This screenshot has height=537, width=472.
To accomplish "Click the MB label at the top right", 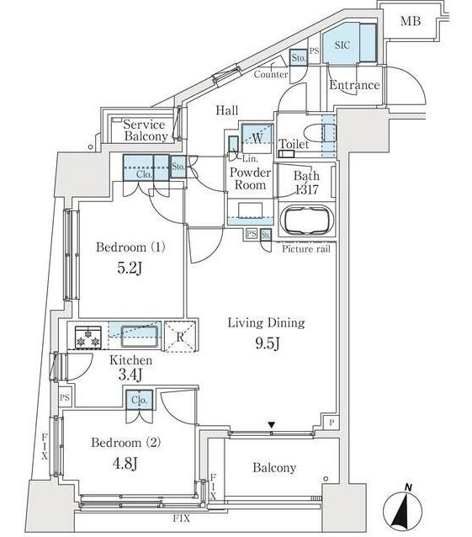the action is tap(411, 21).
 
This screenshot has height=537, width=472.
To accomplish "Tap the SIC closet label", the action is tap(342, 45).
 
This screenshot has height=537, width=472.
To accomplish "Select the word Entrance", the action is tap(354, 85).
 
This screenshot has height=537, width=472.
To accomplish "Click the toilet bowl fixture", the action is tap(319, 133).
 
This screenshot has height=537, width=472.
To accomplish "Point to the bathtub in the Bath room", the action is tap(307, 221).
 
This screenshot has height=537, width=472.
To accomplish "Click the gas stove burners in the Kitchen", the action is tap(88, 337).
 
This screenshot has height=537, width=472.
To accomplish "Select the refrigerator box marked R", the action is tap(180, 336).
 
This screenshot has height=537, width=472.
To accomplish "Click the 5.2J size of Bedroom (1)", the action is tap(130, 268).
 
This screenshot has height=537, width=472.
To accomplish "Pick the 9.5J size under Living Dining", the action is tap(268, 343).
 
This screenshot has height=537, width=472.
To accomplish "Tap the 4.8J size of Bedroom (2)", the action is tap(125, 464).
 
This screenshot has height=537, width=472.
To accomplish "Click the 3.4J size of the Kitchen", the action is tap(130, 375).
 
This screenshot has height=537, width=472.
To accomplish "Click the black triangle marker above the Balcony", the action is tap(272, 425).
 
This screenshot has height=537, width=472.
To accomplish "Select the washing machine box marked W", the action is tap(257, 138).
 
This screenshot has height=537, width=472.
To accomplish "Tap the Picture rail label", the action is tap(306, 248).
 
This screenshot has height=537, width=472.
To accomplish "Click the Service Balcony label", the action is tap(145, 130).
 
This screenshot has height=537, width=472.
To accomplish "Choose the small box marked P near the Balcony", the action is tap(331, 423).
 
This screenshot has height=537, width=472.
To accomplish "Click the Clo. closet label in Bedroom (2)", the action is tap(140, 400).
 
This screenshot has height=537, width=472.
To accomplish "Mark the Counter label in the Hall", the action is tap(271, 74).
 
